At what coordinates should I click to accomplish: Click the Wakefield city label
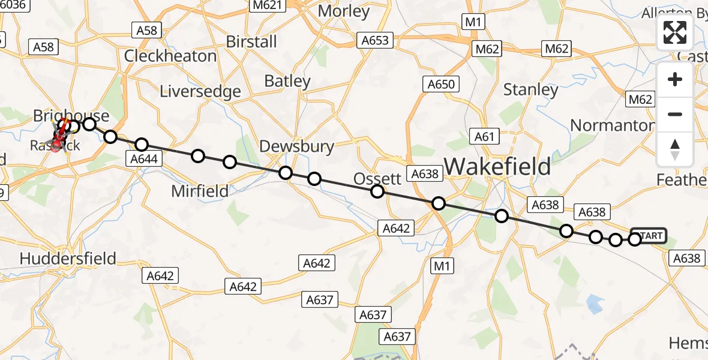(497, 166)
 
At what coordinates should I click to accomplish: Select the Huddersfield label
(68, 258)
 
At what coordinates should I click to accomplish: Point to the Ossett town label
(377, 178)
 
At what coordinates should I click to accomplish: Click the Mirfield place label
(200, 191)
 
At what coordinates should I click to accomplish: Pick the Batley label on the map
(287, 81)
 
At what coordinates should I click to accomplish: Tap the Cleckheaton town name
(170, 56)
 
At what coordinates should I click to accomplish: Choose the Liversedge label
(200, 91)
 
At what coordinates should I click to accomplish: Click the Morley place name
(344, 11)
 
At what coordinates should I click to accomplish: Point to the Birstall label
(251, 41)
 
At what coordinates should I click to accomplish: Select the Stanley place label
(530, 90)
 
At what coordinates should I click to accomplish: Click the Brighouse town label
(71, 115)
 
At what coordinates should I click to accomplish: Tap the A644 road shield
(143, 159)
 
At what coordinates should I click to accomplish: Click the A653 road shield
(375, 40)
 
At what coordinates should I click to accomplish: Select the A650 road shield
(440, 84)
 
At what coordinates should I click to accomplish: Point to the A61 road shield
(484, 137)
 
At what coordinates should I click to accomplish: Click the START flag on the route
(650, 236)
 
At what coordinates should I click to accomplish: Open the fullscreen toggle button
(675, 32)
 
